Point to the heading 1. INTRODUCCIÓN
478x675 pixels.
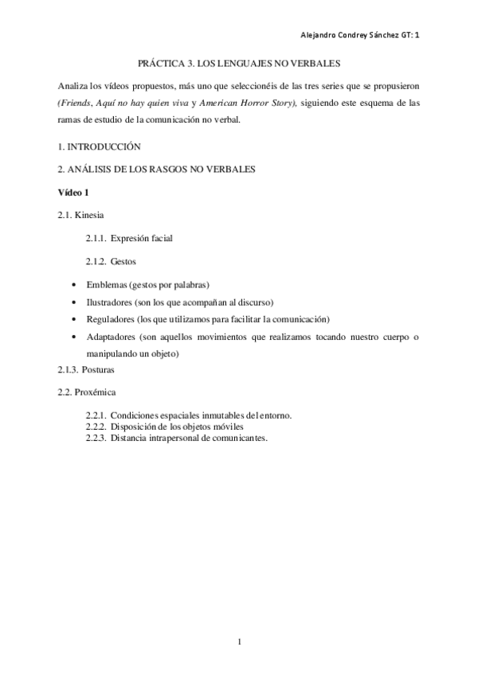[99, 146]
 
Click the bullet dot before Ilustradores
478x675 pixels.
[74, 303]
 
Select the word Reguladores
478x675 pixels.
[109, 319]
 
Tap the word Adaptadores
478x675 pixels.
[111, 337]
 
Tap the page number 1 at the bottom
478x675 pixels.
[240, 642]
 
